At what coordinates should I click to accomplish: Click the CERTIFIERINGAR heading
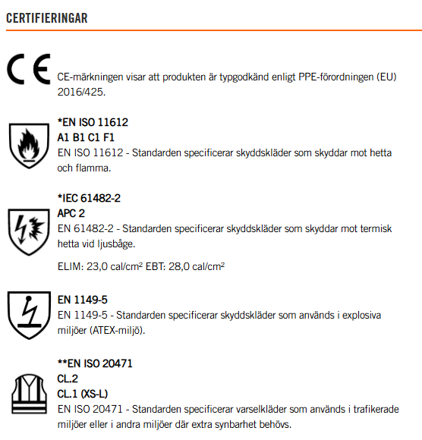click(47, 16)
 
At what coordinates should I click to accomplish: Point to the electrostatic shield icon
click(29, 313)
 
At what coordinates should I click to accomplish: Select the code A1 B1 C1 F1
click(87, 137)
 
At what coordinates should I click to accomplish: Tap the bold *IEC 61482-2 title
click(89, 197)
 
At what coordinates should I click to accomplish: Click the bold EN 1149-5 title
click(82, 300)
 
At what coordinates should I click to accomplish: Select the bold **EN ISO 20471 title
click(95, 363)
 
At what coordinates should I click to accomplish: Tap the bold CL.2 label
click(67, 379)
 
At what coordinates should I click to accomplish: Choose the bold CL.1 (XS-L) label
click(83, 394)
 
